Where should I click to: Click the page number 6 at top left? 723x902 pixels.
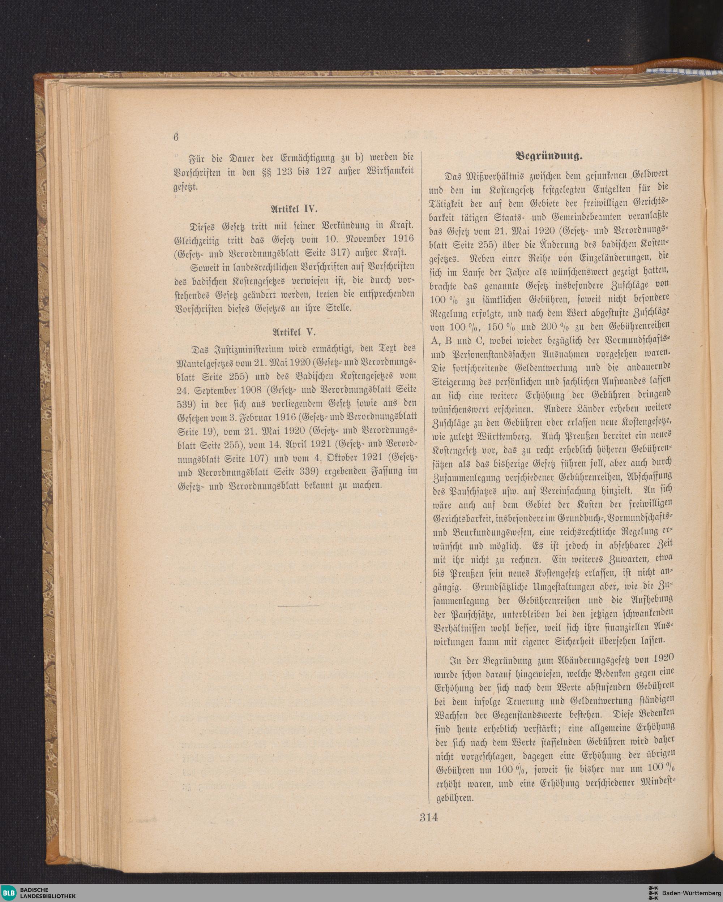176,137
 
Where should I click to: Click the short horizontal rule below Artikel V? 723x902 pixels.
298,605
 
